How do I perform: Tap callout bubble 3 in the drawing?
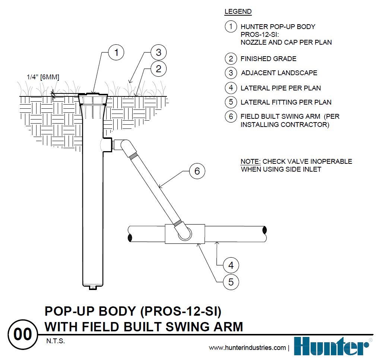point(158,52)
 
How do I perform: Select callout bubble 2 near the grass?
point(158,69)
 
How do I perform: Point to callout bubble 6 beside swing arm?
point(197,171)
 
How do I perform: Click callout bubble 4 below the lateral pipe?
point(231,265)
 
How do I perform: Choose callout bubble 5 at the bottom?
point(231,282)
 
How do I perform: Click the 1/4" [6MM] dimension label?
point(43,77)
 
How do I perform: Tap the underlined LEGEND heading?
point(238,12)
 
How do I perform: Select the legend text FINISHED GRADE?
point(268,59)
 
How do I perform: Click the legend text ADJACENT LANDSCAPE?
point(279,73)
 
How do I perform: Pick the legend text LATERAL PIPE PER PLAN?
point(281,88)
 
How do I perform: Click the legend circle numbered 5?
point(231,102)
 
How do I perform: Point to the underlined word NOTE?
point(250,162)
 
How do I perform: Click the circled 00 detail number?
point(23,334)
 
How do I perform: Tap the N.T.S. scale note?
point(54,341)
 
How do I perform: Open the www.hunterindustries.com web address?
point(247,348)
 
